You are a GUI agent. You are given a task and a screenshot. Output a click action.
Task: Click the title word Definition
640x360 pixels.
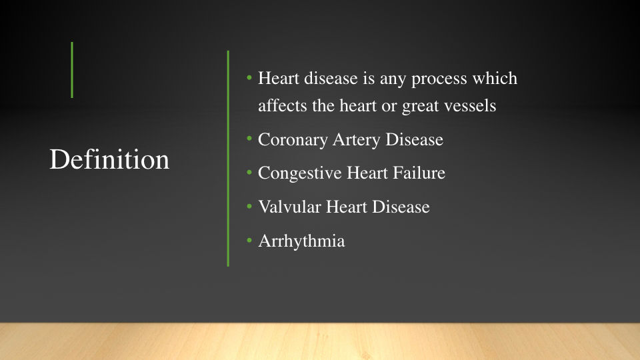click(109, 159)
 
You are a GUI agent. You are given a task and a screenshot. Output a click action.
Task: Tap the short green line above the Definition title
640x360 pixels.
click(72, 70)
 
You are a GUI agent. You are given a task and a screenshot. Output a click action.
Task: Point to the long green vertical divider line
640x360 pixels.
click(228, 159)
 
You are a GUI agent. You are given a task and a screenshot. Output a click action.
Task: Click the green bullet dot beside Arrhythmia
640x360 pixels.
click(249, 241)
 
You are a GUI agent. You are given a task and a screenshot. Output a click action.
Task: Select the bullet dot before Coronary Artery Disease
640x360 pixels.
click(249, 139)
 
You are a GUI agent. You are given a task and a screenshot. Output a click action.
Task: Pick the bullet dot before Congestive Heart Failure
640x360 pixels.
click(249, 173)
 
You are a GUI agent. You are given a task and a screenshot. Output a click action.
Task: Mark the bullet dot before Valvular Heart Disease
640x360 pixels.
click(249, 207)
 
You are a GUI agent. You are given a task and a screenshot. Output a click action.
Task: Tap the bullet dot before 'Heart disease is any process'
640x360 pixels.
click(249, 77)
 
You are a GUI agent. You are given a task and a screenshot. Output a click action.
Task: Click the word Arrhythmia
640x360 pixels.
click(301, 241)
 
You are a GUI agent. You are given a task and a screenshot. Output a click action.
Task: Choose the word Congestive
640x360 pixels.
click(299, 173)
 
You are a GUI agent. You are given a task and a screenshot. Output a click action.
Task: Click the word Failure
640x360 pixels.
click(419, 173)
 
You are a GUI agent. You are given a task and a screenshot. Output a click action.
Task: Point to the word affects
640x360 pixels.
click(283, 106)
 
